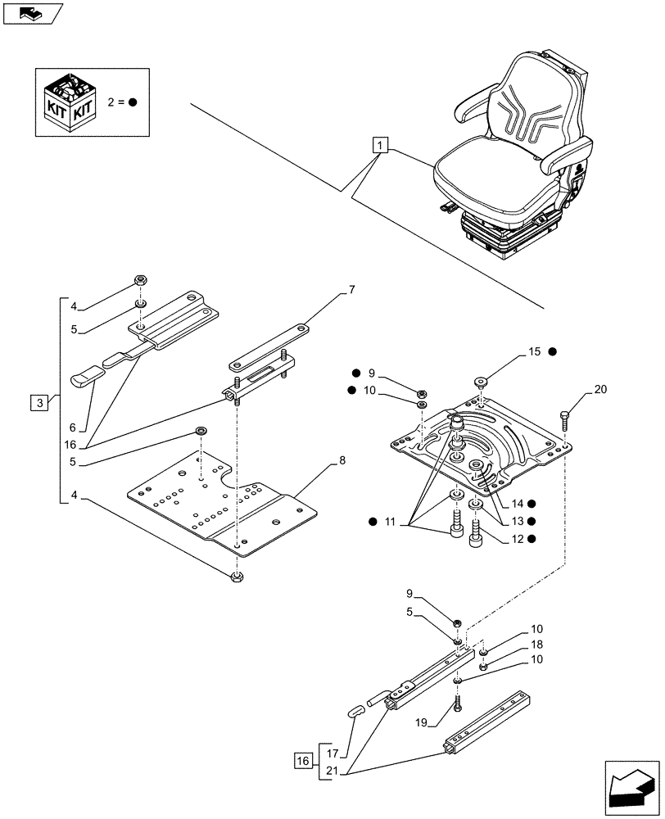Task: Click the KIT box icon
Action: (70, 102)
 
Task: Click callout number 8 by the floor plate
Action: (342, 461)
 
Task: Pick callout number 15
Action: (534, 351)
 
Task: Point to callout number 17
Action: (332, 752)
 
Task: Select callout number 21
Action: (332, 771)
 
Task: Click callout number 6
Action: (73, 427)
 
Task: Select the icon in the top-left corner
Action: (32, 14)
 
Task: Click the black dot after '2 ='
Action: (132, 102)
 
